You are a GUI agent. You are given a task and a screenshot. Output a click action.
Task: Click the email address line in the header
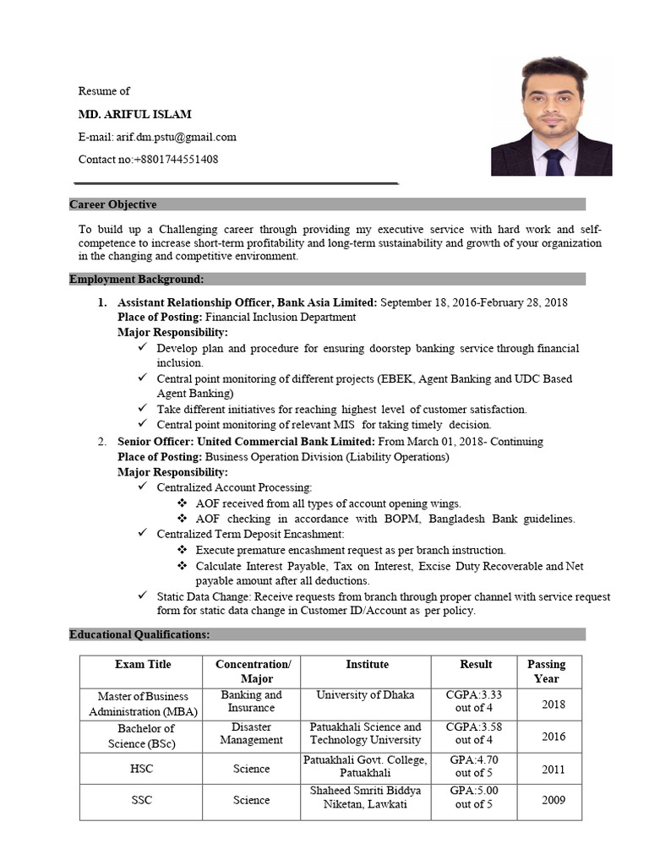tap(157, 137)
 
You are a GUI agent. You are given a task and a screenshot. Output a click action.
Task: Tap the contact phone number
tap(148, 159)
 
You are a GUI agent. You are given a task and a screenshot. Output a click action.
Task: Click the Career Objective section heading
tap(113, 204)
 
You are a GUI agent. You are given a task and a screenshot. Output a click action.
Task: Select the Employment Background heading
tap(136, 280)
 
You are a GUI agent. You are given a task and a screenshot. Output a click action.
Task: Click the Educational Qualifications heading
tap(139, 634)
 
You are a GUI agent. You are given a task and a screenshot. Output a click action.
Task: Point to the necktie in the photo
tap(554, 160)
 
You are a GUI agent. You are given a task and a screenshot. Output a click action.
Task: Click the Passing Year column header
tap(546, 672)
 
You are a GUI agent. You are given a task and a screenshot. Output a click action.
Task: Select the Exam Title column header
tap(142, 665)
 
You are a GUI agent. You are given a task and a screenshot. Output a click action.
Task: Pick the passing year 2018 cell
tap(554, 704)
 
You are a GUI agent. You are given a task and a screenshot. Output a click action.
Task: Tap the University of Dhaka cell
tap(365, 695)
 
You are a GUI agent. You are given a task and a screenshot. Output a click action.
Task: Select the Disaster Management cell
tap(251, 733)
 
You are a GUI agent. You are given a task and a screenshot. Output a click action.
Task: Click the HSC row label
tap(142, 769)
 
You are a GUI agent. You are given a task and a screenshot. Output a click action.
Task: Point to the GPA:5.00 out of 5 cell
tap(474, 797)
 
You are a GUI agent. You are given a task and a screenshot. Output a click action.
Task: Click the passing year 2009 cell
tap(554, 800)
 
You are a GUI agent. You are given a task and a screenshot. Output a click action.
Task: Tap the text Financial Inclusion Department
tap(281, 317)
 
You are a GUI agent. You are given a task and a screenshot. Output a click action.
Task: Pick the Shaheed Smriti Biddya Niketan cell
tap(365, 797)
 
